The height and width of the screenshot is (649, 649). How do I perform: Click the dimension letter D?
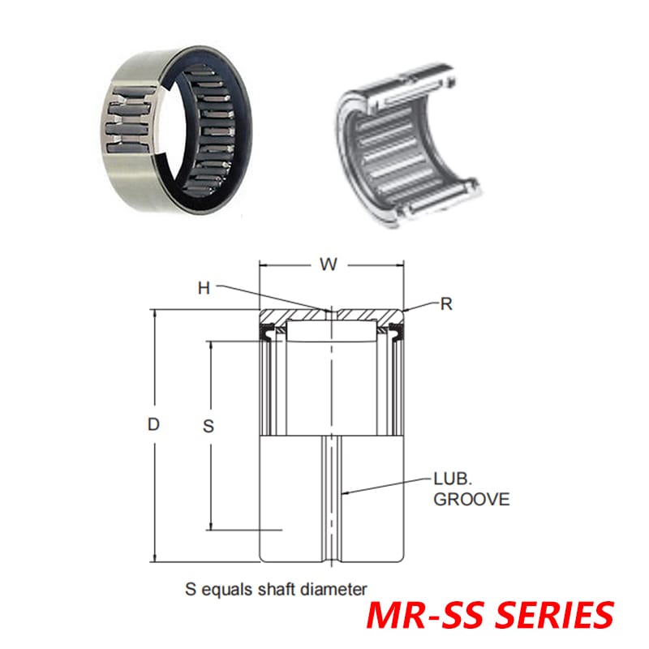(153, 423)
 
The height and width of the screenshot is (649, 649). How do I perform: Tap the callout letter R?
(445, 304)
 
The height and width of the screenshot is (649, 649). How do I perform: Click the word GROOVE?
(471, 500)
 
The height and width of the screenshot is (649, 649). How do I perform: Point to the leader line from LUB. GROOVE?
(385, 486)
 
